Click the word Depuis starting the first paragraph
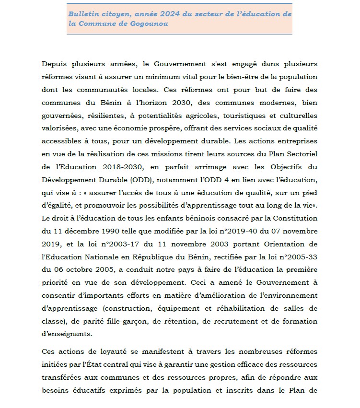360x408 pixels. pos(67,64)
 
